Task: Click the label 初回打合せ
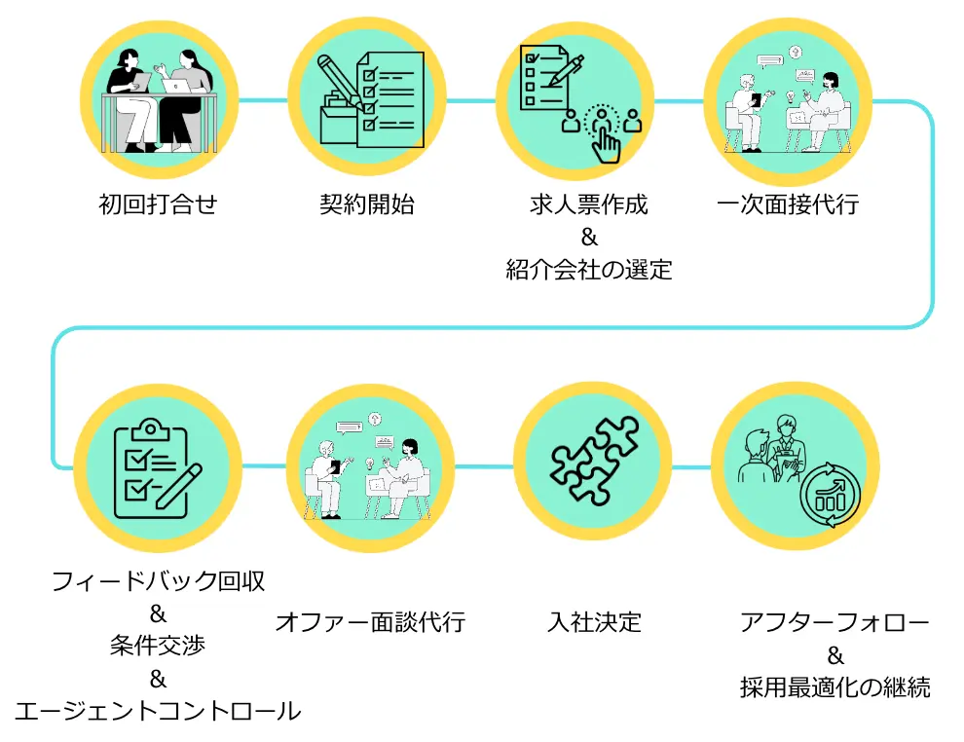(158, 205)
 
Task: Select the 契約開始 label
(367, 205)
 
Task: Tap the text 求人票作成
(589, 205)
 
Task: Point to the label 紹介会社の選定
(589, 270)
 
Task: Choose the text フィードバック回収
(158, 582)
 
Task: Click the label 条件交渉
(158, 647)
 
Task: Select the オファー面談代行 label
(370, 621)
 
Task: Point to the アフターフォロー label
(834, 621)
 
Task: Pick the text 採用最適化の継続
(834, 686)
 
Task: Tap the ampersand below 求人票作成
(589, 238)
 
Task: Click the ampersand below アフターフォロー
(834, 654)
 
